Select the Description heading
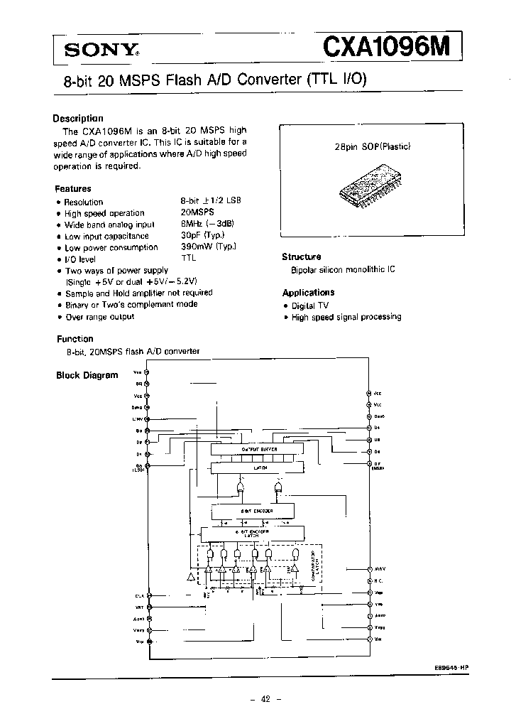78,119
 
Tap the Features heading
73,189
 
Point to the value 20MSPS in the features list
197,213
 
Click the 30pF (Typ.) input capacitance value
202,236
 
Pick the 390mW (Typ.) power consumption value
208,247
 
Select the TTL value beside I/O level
188,259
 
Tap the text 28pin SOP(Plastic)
373,148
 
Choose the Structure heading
302,257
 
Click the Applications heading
309,293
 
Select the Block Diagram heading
87,375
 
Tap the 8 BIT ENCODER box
252,511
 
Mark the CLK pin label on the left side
138,595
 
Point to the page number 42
265,699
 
